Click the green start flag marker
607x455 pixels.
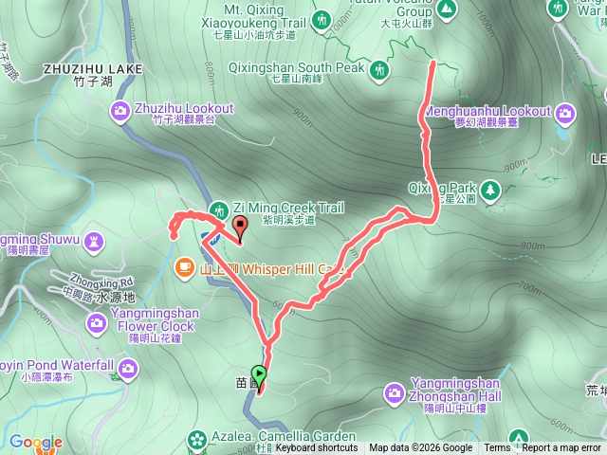[259, 374]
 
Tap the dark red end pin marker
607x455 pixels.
[240, 227]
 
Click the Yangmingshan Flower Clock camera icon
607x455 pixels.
[97, 325]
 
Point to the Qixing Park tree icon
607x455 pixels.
[490, 191]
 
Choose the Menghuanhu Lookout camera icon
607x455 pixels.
[566, 114]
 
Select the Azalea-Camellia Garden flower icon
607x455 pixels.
[196, 439]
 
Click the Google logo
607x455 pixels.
[36, 442]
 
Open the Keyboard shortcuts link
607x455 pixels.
[317, 448]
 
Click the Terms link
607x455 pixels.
[497, 448]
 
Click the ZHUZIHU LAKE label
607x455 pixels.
[93, 69]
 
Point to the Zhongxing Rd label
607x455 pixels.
[101, 282]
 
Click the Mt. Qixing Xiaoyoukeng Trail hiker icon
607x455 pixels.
[322, 19]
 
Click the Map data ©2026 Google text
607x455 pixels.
[421, 448]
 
